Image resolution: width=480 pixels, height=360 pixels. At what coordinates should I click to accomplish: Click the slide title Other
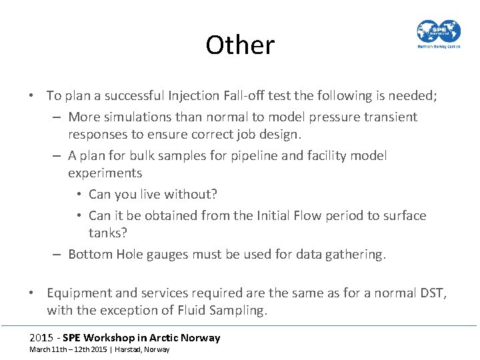point(240,45)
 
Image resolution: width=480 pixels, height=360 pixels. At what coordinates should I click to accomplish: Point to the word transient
point(393,117)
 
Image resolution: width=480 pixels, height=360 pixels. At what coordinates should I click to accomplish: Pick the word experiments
point(105,173)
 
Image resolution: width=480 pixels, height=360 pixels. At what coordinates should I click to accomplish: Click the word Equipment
point(78,293)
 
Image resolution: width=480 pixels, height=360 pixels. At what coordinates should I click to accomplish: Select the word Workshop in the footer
point(117,337)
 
